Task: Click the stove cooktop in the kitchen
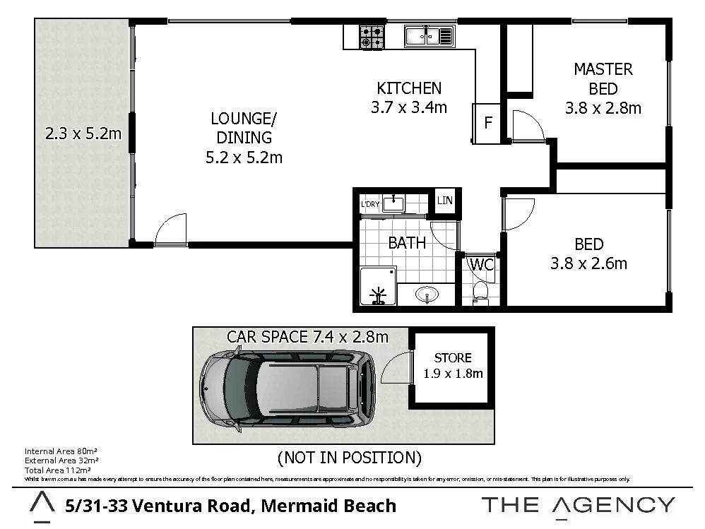372,37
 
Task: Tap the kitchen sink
429,35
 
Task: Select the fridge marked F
487,123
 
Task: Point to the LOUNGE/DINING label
239,128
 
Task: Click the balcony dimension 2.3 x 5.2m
83,133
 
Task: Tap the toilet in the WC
480,291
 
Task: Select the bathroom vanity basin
426,293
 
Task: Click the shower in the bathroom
377,287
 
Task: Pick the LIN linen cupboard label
444,201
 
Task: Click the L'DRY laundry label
370,205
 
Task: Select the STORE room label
453,357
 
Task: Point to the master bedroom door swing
526,126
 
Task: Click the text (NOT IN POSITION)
350,458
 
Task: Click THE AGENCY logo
578,505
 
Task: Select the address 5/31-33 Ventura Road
230,506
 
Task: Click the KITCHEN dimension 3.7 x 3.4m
409,108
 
